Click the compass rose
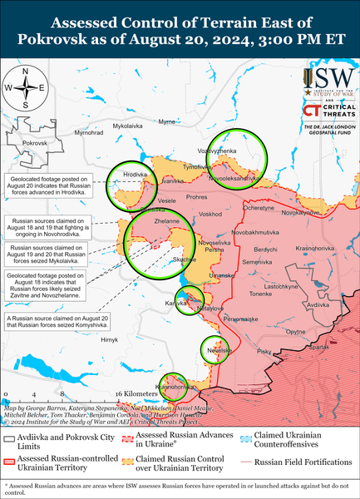tap(25, 88)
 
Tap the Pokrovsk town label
tap(35, 144)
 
